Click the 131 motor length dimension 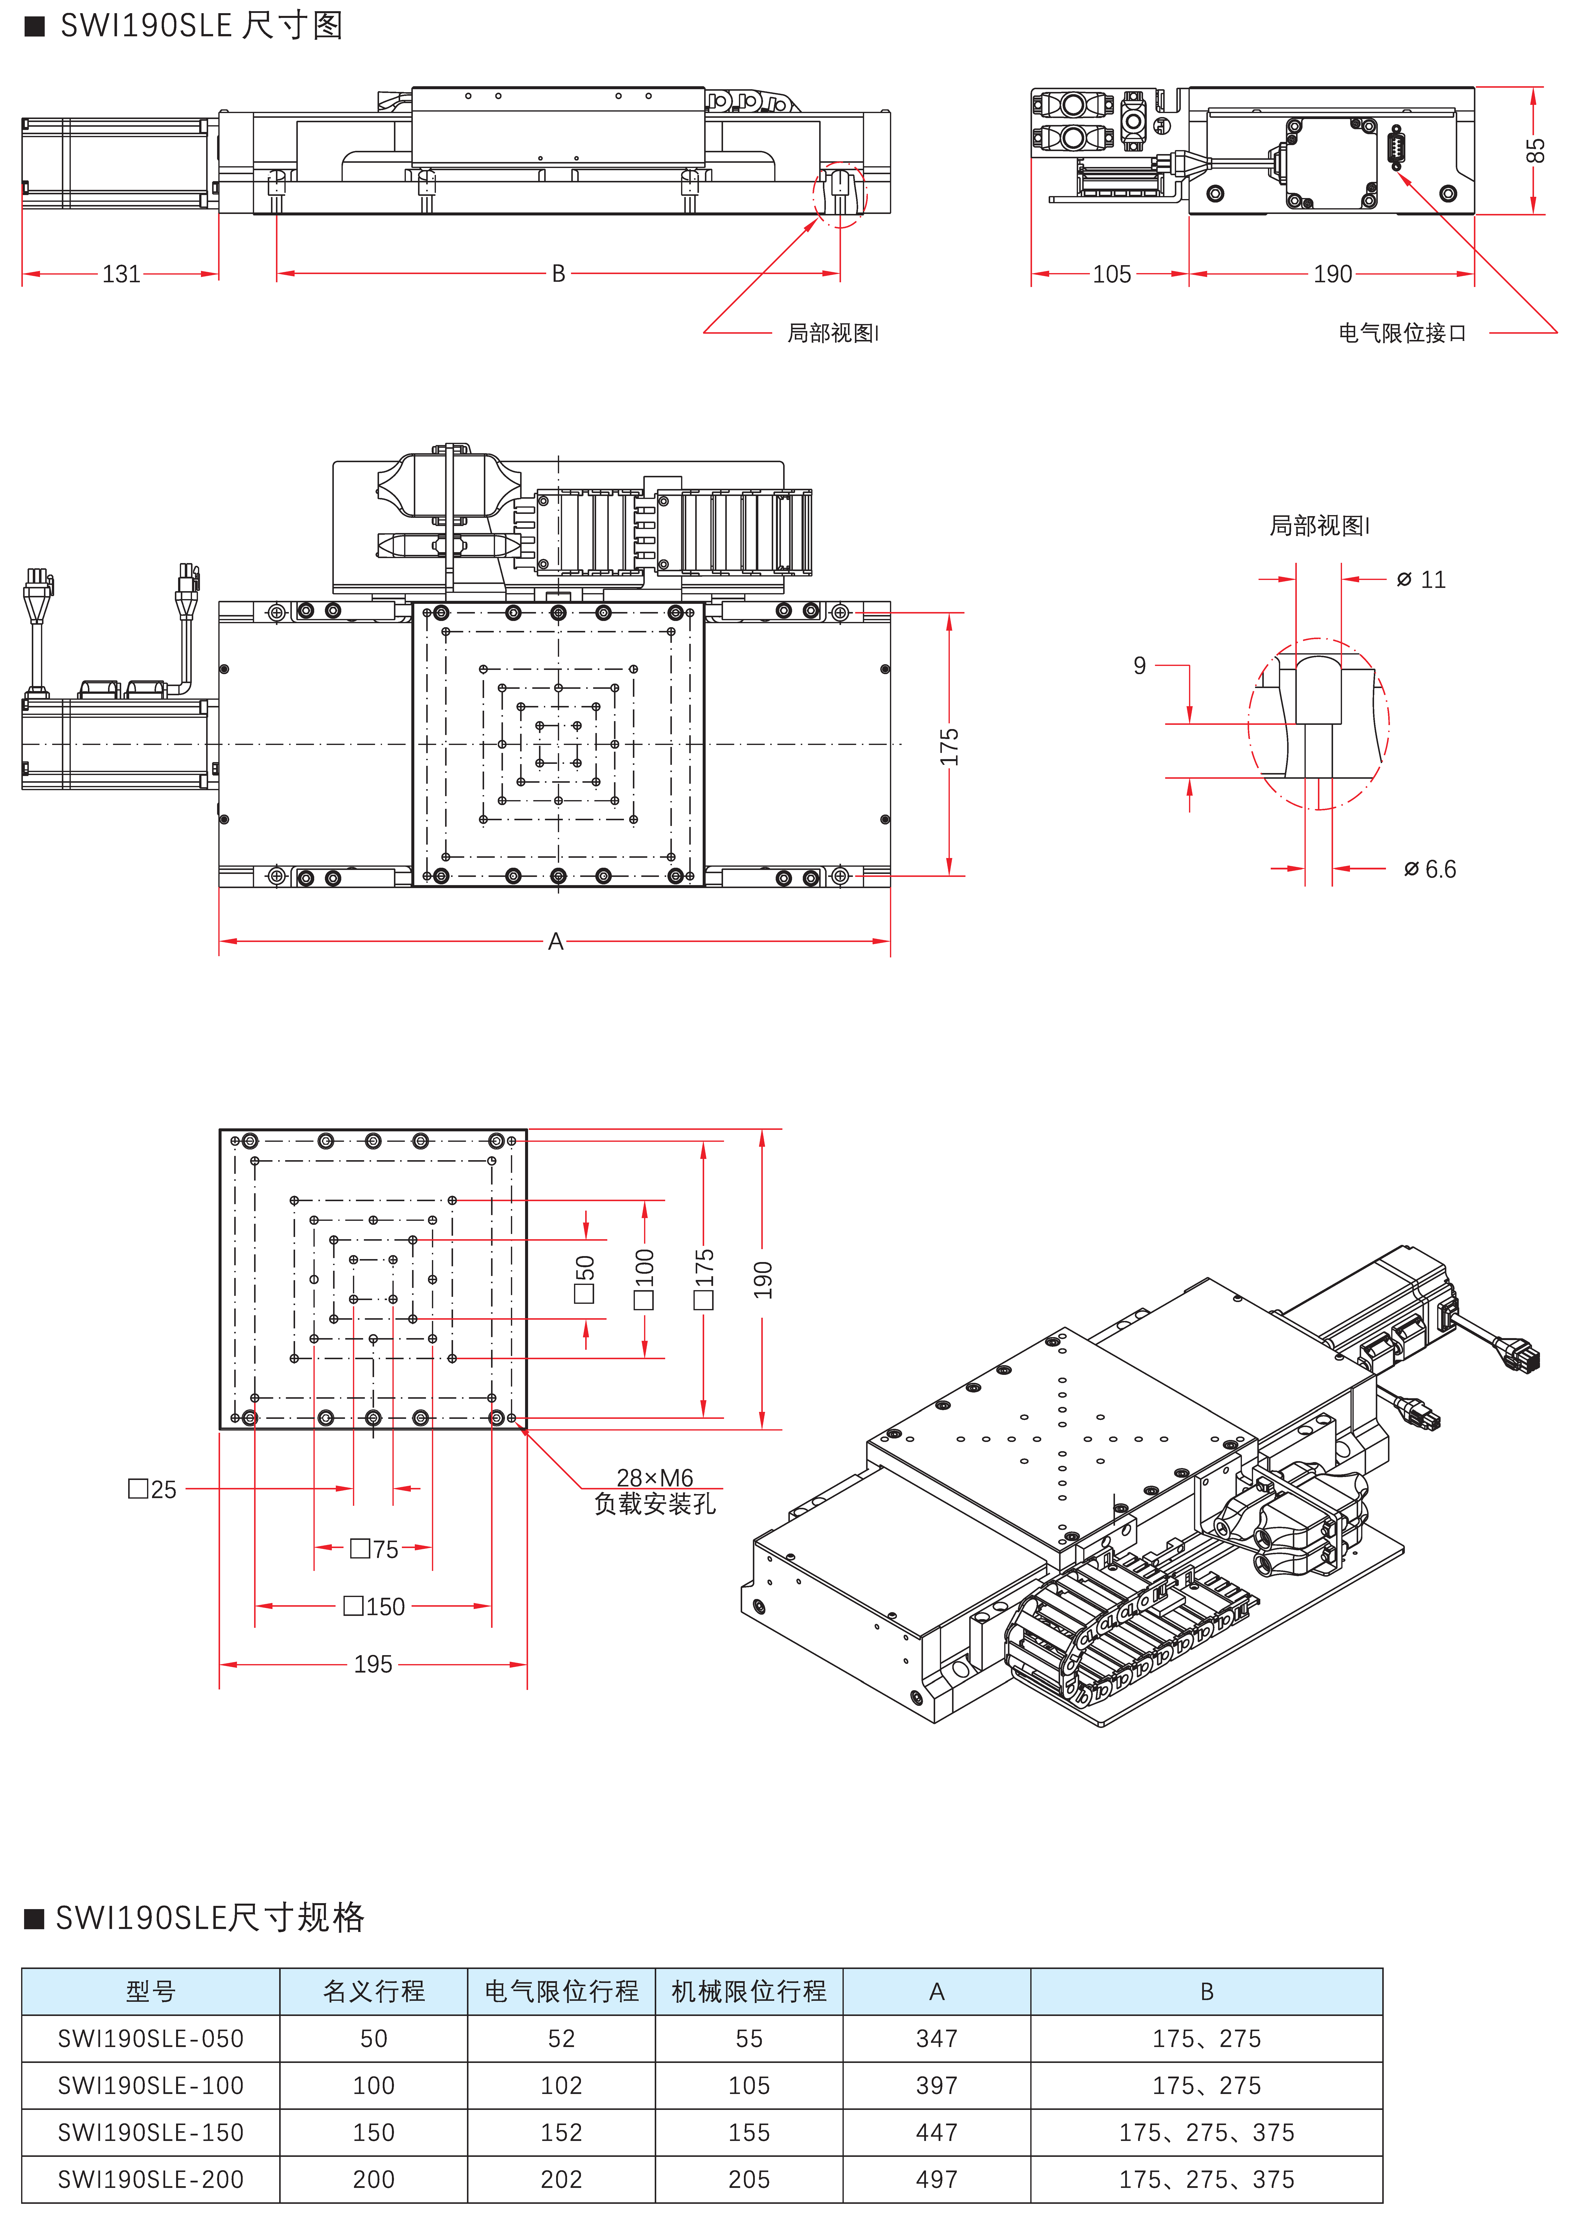(121, 274)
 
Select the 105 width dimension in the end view (1112, 274)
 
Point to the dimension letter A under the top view (555, 941)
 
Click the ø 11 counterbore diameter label (1421, 579)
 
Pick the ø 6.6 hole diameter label (1430, 869)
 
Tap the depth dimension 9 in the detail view (1140, 666)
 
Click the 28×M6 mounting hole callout (655, 1477)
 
